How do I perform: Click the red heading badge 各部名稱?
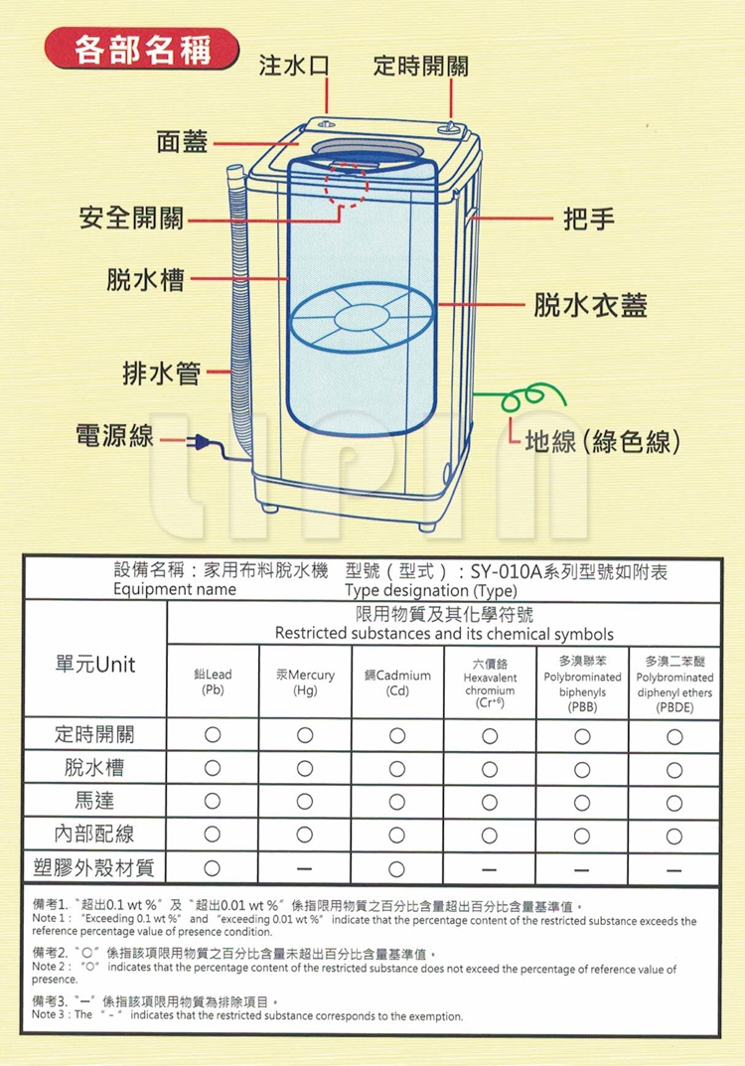[x=141, y=49]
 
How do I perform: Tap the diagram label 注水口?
[x=294, y=66]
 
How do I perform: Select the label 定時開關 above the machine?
[x=421, y=66]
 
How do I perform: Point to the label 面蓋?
[x=182, y=141]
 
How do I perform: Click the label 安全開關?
[x=131, y=218]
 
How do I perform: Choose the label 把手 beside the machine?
[x=589, y=219]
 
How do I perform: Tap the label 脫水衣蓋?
[x=590, y=305]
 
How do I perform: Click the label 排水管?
[x=162, y=374]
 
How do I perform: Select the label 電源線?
[x=115, y=436]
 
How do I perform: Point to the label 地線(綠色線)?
[x=602, y=441]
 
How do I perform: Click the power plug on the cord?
[x=200, y=442]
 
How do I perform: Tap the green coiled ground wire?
[x=523, y=397]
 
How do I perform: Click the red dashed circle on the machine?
[x=347, y=184]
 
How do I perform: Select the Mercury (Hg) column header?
[x=305, y=683]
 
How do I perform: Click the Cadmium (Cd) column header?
[x=397, y=683]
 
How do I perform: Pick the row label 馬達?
[x=94, y=800]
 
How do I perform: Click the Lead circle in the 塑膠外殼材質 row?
[x=213, y=867]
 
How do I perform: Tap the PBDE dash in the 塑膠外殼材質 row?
[x=673, y=869]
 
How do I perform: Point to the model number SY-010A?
[x=507, y=572]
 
